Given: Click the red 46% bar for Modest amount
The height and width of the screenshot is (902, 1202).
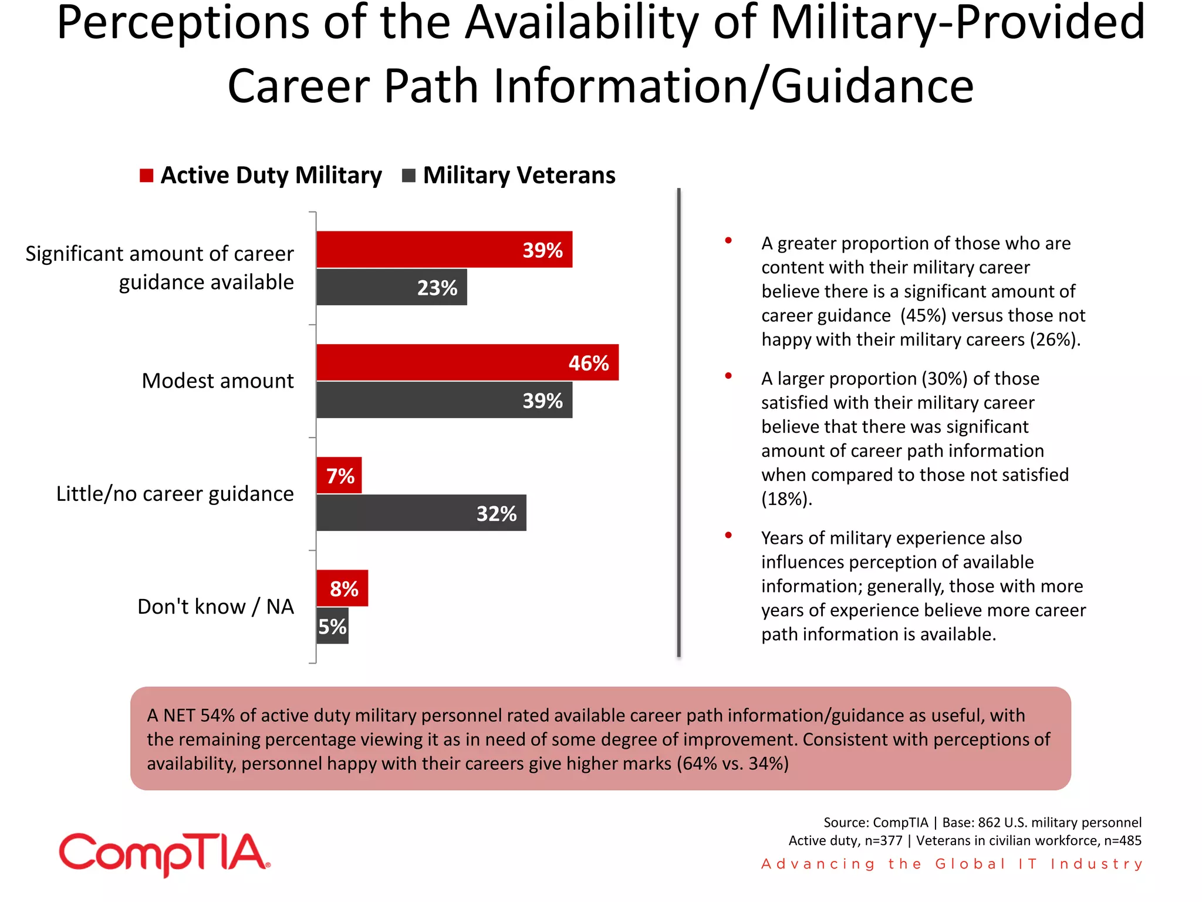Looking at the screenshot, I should point(467,362).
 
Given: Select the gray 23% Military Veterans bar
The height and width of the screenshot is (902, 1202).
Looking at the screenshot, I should point(391,287).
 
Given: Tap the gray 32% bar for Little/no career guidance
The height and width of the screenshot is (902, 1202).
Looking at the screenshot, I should point(421,513).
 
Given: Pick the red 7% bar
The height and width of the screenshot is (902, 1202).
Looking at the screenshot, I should point(339,475).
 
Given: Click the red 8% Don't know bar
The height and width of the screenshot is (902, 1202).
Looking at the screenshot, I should point(342,588).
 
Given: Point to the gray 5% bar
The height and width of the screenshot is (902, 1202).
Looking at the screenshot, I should point(332,626).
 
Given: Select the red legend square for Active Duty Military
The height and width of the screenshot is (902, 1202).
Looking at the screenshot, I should point(146,176).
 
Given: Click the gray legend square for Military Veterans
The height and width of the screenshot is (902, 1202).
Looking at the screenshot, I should point(408,176).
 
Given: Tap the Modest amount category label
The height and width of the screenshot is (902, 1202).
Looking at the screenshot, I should point(217,381).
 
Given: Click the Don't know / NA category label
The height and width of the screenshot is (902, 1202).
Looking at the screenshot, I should point(215,607).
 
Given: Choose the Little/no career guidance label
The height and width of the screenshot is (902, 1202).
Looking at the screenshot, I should point(175,494).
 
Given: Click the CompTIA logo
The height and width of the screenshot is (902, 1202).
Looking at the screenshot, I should point(164,854).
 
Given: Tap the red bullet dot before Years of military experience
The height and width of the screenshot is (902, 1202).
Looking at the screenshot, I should point(728,535).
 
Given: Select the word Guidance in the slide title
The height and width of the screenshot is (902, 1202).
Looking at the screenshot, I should point(872,86).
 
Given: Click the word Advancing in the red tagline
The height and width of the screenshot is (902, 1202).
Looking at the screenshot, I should point(818,864).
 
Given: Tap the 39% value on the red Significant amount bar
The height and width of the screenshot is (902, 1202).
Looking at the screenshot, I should point(542,250).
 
